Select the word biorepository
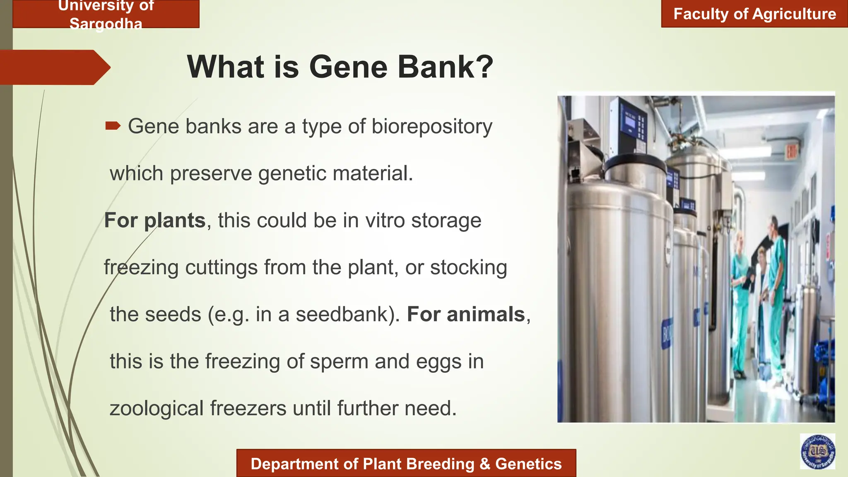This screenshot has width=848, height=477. [x=432, y=126]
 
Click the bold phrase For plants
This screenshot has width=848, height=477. [x=154, y=220]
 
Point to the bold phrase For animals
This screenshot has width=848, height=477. [x=466, y=314]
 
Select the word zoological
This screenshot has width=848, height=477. [x=157, y=409]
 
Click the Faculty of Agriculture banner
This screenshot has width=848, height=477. [x=754, y=14]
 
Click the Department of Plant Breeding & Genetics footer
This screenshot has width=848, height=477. [x=406, y=464]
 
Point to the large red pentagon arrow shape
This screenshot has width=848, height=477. [x=54, y=67]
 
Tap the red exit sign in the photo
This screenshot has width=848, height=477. [x=791, y=152]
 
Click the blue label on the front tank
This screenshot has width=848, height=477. [x=667, y=333]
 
